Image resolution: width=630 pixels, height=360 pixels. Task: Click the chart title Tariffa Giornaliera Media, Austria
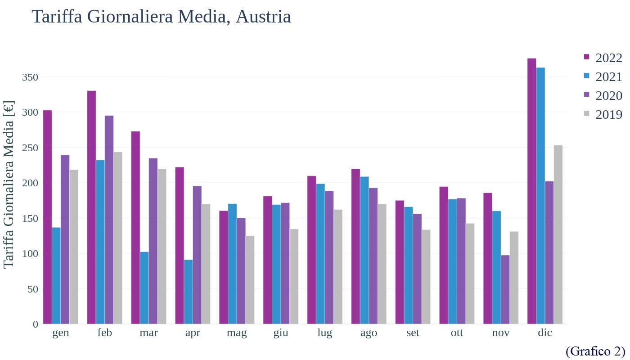coord(161,17)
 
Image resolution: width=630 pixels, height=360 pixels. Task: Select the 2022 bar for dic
coord(531,191)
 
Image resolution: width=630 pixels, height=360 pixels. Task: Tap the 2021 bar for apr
coord(188,292)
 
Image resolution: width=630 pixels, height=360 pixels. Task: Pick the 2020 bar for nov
coord(505,289)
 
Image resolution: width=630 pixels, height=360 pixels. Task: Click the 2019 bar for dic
coord(558,234)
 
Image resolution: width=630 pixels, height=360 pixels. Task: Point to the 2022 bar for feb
coord(91,207)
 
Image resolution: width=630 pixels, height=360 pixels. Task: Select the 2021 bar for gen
coord(56,275)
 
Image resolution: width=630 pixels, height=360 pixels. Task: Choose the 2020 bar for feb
coord(109,220)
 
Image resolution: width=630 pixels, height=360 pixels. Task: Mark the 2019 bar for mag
coord(250,280)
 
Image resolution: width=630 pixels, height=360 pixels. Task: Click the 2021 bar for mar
coord(144,288)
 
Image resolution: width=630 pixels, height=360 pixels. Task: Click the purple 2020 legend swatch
coord(586,95)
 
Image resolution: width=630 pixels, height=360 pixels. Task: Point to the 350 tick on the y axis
coord(30,77)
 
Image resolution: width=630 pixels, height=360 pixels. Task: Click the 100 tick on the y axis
coord(30,254)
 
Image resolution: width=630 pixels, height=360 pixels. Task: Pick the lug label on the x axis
coord(325,333)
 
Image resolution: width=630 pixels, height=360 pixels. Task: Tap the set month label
coord(413,333)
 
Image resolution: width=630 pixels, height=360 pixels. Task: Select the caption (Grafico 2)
coord(595,351)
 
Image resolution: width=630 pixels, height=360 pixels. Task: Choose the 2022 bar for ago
coord(355,246)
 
